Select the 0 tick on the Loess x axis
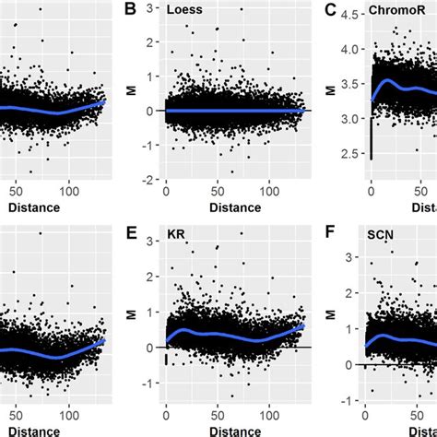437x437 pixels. click(166, 191)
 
